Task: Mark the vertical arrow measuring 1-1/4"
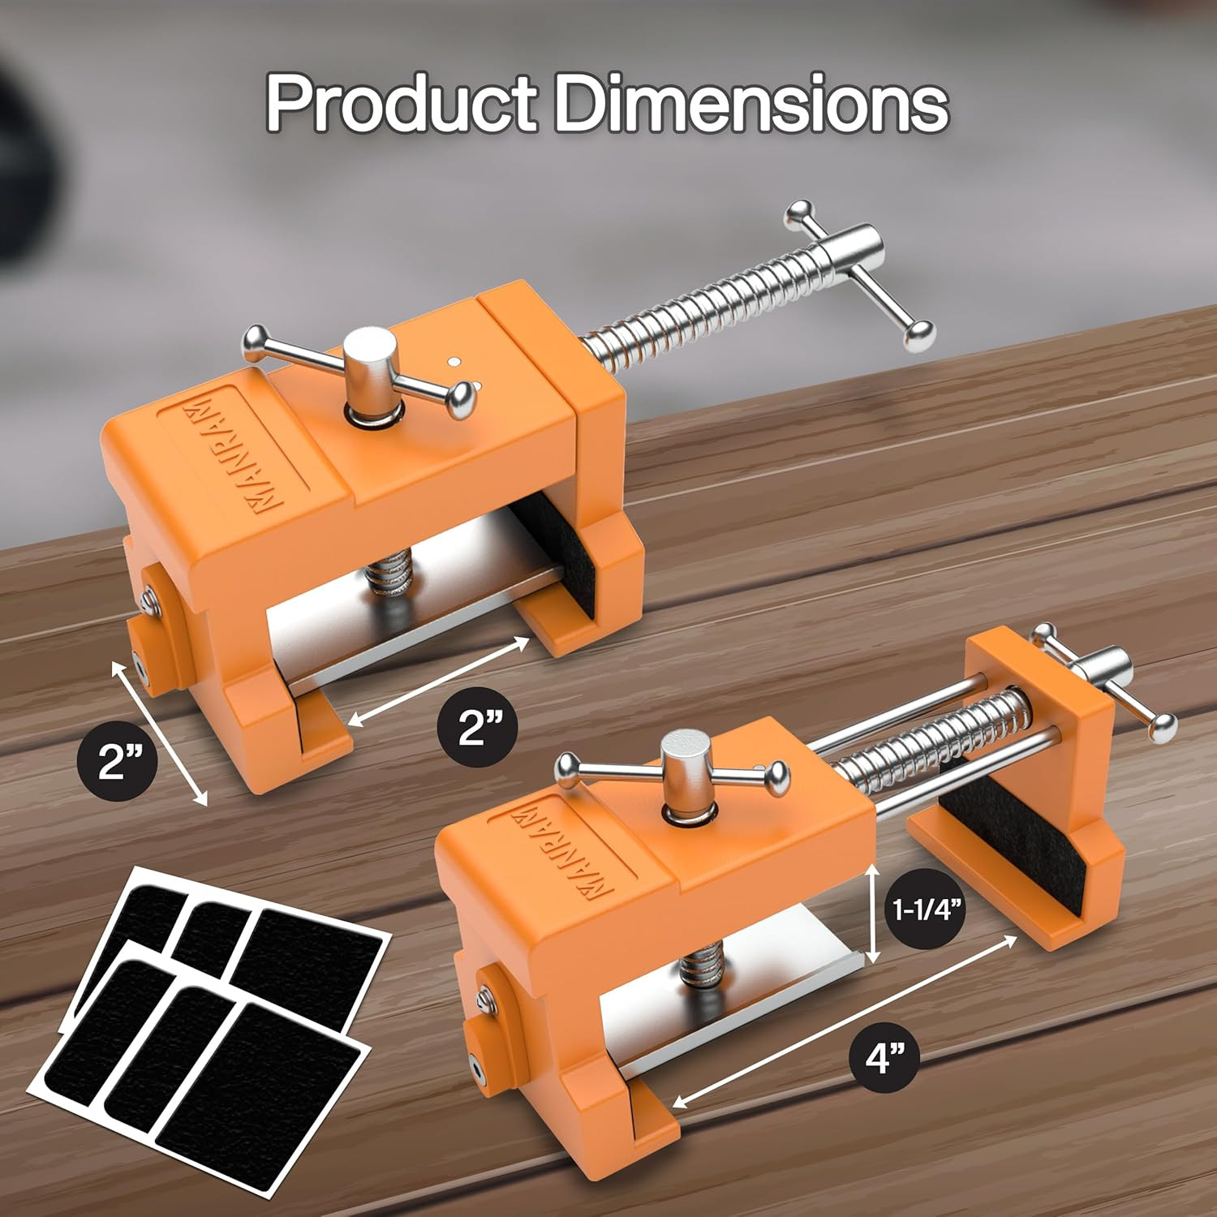(x=873, y=914)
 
